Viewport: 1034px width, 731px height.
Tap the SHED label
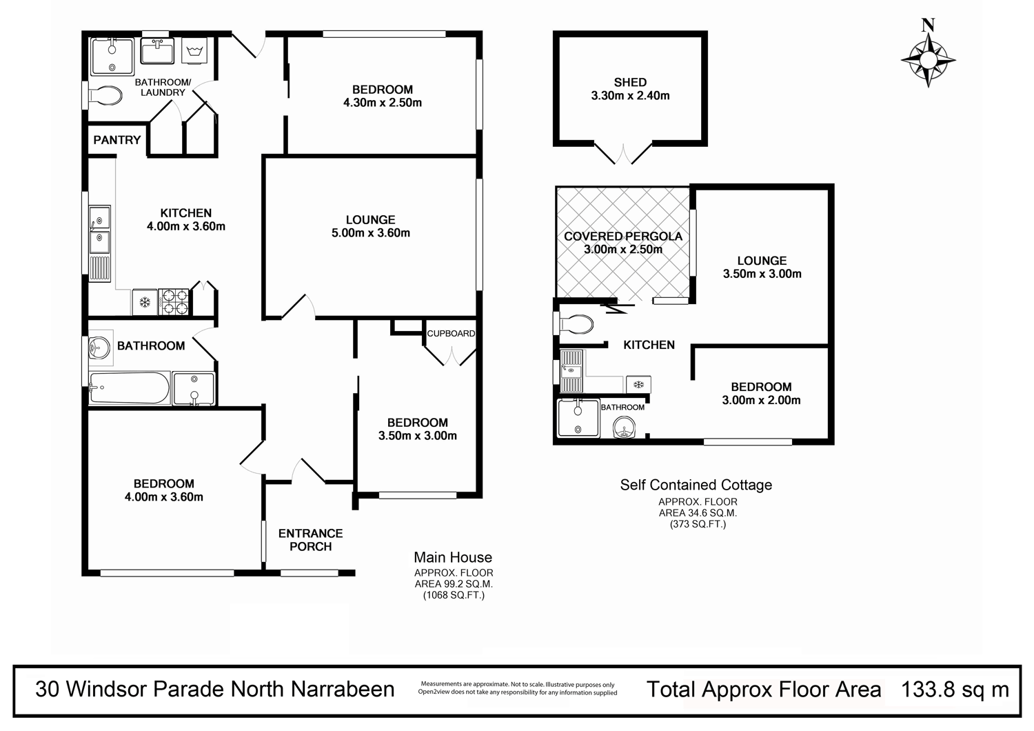(x=630, y=82)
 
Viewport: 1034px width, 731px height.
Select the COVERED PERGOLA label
(x=623, y=236)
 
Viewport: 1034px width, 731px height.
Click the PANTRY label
(x=117, y=140)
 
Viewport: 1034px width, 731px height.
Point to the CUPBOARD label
(x=451, y=334)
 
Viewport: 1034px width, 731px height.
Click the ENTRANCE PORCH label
(x=310, y=540)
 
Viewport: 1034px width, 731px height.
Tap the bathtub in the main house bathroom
(x=130, y=388)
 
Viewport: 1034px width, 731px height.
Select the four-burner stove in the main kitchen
(x=174, y=301)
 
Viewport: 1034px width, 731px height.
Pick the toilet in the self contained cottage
(x=577, y=323)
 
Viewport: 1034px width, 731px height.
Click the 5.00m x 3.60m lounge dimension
(x=371, y=233)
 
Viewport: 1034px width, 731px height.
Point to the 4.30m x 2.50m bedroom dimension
(x=383, y=103)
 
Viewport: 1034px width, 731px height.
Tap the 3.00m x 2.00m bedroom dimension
(x=761, y=400)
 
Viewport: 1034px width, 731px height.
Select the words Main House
(x=453, y=557)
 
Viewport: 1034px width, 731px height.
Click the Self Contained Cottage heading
(x=696, y=485)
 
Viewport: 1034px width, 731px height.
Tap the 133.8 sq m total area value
(x=955, y=689)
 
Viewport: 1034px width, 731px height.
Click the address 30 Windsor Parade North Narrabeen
(x=215, y=689)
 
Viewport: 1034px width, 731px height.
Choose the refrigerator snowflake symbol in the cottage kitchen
(x=638, y=384)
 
